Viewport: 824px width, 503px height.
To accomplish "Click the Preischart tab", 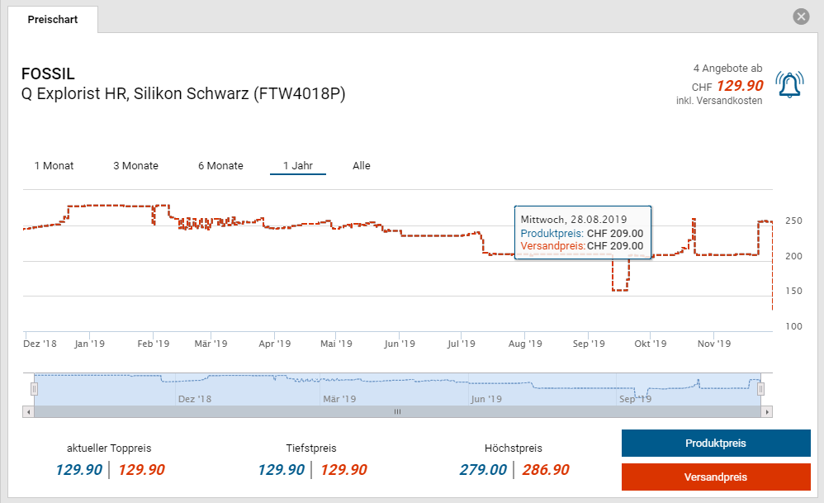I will tap(53, 19).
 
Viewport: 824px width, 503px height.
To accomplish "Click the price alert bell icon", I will tap(789, 84).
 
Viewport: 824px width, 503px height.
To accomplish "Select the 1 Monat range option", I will tap(54, 166).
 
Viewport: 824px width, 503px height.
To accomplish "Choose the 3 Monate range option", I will tap(135, 166).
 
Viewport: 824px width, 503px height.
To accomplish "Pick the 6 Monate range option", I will tap(220, 166).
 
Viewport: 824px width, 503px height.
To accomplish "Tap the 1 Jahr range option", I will tap(297, 166).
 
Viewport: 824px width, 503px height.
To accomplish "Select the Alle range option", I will tap(362, 166).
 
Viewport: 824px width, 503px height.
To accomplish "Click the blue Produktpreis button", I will tap(715, 444).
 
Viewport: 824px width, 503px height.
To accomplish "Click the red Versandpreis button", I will tap(715, 477).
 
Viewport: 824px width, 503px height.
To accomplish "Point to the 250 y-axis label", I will tap(794, 221).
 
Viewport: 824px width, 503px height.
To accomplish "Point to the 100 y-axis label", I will tap(794, 326).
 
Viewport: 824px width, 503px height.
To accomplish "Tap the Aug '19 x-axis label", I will tap(524, 344).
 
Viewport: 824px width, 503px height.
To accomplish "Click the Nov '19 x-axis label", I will tap(713, 344).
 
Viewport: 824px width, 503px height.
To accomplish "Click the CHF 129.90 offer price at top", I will tap(739, 85).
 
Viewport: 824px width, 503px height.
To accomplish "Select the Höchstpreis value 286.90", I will tap(546, 470).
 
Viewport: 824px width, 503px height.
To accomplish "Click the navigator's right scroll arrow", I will tap(767, 411).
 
